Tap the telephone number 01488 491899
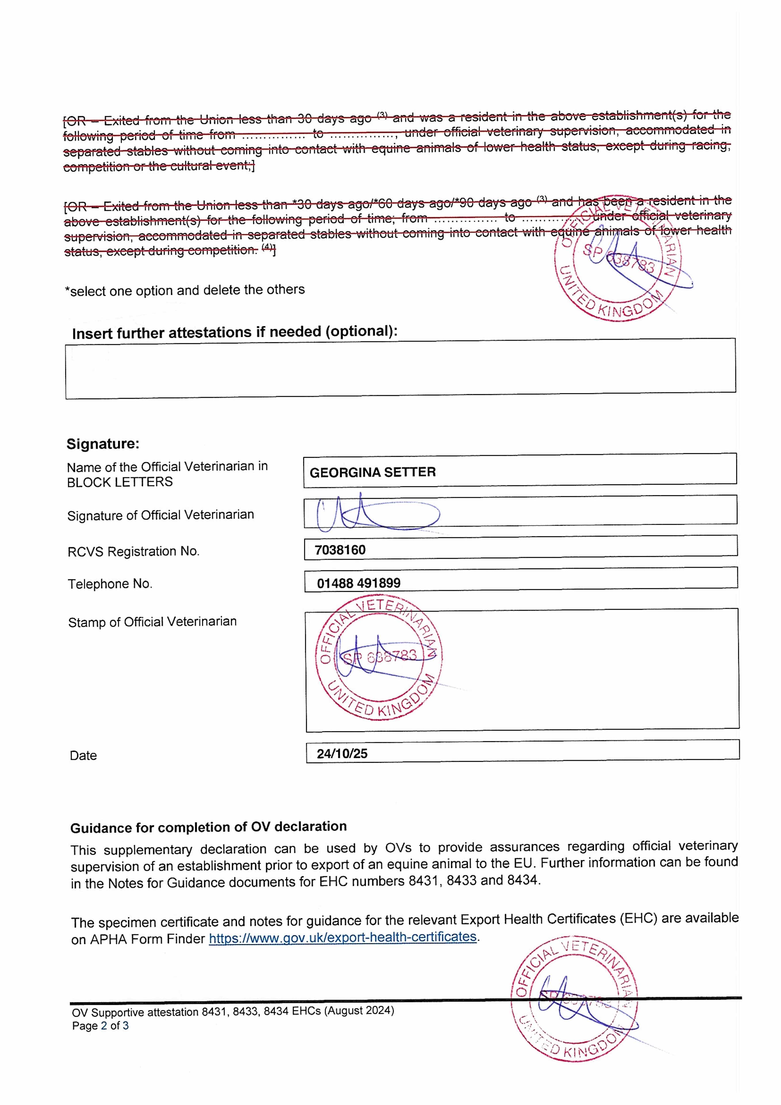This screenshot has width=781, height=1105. (358, 583)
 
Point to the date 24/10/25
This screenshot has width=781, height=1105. (342, 754)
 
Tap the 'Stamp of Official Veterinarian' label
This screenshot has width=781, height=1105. (152, 622)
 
